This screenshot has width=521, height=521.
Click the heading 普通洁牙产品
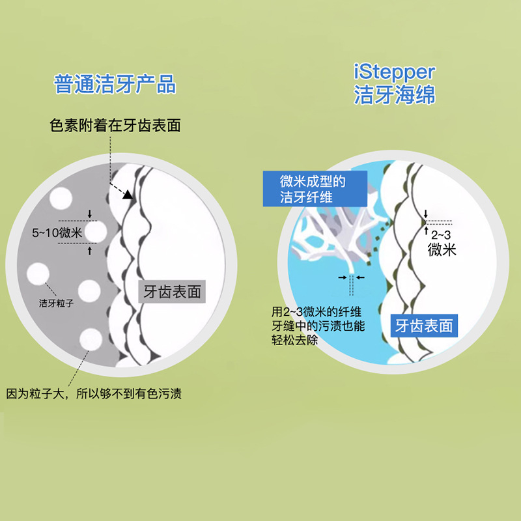pos(115,85)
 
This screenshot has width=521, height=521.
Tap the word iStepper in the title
pos(394,70)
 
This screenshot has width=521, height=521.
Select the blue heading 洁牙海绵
pos(394,95)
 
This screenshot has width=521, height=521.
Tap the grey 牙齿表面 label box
pos(173,291)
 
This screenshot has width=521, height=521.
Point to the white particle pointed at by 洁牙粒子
pos(38,272)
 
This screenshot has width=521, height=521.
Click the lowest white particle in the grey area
pos(90,340)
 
